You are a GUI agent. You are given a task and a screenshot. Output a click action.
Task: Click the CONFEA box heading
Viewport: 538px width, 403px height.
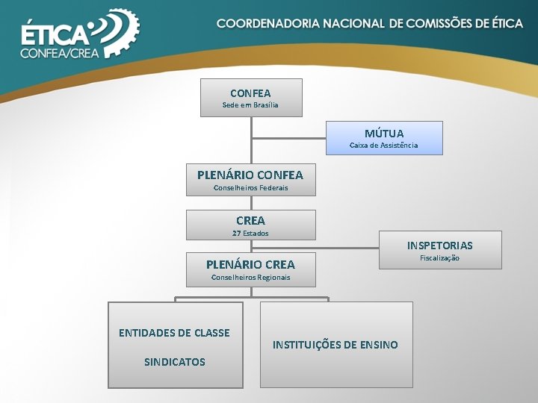(x=250, y=93)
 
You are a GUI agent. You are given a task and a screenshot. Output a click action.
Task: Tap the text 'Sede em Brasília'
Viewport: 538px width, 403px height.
(x=250, y=105)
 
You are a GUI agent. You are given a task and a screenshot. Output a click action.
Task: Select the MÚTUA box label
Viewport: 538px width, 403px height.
(x=384, y=134)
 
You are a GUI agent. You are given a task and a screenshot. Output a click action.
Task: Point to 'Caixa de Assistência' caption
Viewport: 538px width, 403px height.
(x=384, y=145)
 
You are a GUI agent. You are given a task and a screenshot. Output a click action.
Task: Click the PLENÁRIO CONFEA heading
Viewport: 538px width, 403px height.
(x=250, y=175)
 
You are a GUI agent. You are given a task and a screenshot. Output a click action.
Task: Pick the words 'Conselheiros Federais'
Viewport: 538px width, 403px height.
(x=250, y=188)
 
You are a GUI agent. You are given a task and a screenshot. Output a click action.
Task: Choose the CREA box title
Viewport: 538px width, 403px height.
(x=250, y=221)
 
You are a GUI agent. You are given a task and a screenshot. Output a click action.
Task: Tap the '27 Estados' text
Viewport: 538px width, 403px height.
(x=250, y=234)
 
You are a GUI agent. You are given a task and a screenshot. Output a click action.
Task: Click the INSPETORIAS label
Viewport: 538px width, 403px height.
(x=439, y=246)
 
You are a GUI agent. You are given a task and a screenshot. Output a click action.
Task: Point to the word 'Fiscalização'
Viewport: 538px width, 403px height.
(x=439, y=258)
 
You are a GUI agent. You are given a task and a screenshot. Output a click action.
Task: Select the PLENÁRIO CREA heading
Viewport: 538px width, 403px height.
(x=250, y=265)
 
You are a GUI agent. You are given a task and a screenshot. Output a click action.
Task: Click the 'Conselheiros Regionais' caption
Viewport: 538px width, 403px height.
(x=250, y=278)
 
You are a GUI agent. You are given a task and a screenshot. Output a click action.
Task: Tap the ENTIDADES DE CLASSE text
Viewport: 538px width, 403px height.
(x=174, y=333)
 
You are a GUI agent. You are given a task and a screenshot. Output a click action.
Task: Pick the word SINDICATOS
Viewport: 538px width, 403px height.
(x=174, y=362)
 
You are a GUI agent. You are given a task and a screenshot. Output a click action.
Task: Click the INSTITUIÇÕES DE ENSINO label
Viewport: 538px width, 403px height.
(x=335, y=345)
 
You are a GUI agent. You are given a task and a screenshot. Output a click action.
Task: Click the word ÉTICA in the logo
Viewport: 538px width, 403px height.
(x=55, y=36)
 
